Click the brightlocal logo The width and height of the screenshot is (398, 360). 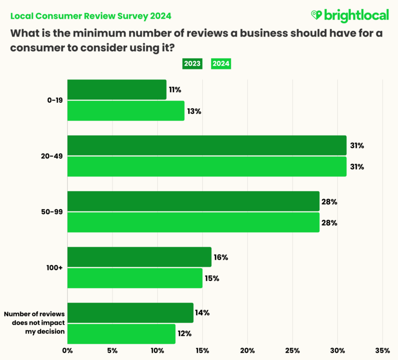pos(349,16)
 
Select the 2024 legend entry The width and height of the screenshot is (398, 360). pos(221,64)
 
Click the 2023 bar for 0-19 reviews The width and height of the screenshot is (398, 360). pos(117,90)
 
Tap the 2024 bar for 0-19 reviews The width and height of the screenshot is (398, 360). pos(125,111)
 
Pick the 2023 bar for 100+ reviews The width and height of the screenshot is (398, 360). pos(139,257)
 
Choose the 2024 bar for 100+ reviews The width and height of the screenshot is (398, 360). pos(135,278)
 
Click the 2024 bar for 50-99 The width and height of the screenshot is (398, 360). pos(193,223)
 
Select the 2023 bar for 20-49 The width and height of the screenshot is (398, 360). pos(207,145)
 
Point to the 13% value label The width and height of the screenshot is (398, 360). pos(194,111)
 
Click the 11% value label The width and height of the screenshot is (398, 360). pos(175,90)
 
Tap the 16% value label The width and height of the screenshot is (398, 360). pos(220,257)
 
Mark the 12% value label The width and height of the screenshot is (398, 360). pos(185,334)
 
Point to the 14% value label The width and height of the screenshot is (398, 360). pos(202,313)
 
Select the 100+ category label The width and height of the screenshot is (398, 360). pos(55,268)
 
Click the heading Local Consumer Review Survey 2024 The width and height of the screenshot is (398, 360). pos(90,16)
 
